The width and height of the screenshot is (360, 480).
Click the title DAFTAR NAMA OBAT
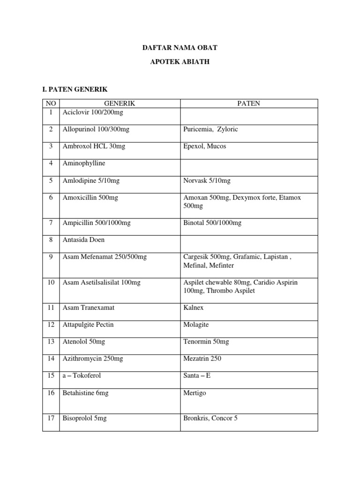click(x=180, y=48)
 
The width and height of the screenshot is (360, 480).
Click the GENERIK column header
click(x=119, y=104)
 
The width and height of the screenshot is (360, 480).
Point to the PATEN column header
click(x=249, y=104)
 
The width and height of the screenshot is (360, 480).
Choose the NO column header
click(x=50, y=104)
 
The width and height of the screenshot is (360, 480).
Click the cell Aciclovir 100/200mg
click(x=92, y=112)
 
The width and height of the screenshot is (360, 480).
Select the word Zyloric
click(x=227, y=129)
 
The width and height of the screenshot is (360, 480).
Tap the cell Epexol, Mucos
click(x=204, y=146)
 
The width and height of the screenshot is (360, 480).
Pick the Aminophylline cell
click(x=84, y=164)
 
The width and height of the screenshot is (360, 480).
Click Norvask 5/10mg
click(x=207, y=180)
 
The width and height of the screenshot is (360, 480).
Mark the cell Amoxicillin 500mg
click(x=90, y=197)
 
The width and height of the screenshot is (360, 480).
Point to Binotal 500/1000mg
click(x=212, y=223)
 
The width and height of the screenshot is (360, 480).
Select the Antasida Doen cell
click(x=83, y=240)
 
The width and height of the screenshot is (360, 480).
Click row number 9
click(x=50, y=257)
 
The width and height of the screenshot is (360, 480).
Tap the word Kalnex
click(x=193, y=308)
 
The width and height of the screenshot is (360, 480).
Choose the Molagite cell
click(x=196, y=325)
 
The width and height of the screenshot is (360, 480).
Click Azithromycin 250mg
click(x=93, y=359)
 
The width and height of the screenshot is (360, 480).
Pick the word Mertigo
click(x=195, y=393)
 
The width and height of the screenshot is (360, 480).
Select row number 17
click(x=50, y=418)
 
